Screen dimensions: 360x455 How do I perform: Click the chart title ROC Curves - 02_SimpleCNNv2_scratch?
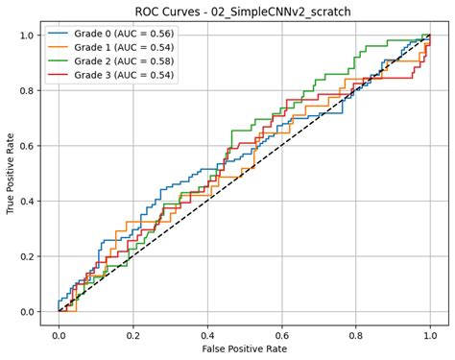(x=244, y=11)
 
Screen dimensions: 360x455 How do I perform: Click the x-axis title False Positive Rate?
(x=244, y=348)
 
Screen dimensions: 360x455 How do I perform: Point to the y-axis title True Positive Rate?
(x=12, y=175)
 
